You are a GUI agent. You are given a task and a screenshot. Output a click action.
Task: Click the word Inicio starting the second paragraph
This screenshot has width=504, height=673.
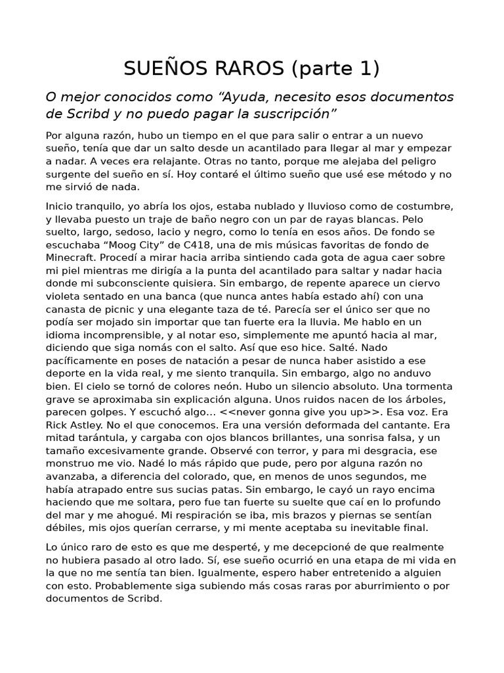tap(60, 206)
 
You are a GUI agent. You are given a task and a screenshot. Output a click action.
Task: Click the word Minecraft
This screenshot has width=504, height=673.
tap(71, 257)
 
